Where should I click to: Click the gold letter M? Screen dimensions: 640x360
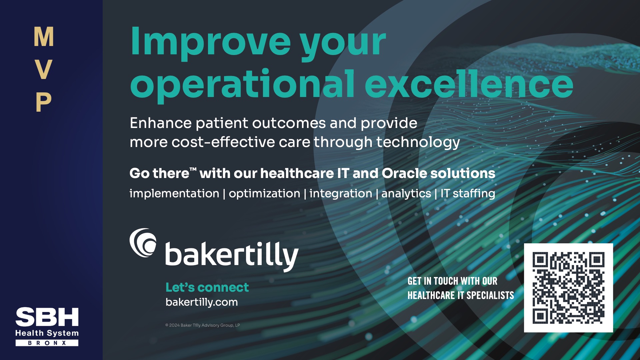tap(44, 37)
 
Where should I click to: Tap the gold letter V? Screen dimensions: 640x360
tap(44, 69)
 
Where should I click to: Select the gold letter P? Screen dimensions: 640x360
tap(44, 102)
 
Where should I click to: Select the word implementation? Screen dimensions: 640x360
tap(174, 193)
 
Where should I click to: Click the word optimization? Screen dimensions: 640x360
tap(264, 194)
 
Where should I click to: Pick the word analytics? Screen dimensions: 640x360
tap(406, 194)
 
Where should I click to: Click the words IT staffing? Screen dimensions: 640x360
tap(468, 194)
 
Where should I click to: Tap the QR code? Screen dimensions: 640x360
tap(568, 288)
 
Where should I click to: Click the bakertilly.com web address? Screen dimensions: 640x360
tap(202, 302)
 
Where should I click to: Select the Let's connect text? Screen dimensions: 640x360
tap(207, 287)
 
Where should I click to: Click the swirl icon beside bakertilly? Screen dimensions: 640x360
tap(143, 243)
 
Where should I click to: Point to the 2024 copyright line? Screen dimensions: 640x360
tap(203, 325)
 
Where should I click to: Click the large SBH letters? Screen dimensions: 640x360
tap(47, 317)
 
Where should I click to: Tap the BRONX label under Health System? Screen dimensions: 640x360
tap(47, 343)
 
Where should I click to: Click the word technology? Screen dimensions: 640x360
tap(418, 143)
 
